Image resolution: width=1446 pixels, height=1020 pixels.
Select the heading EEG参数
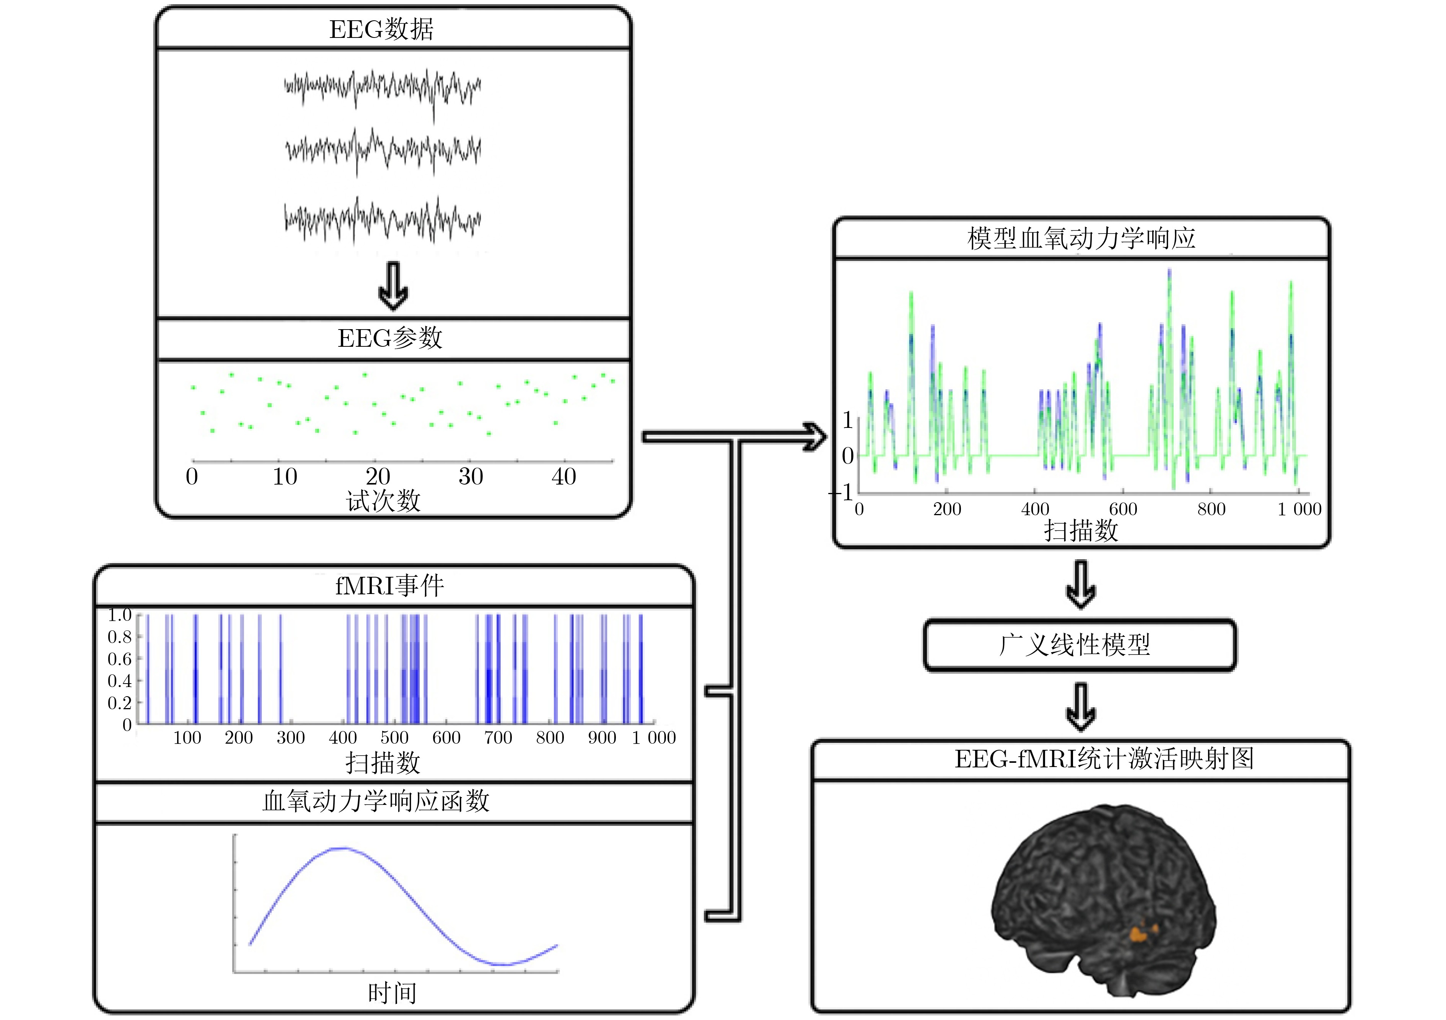point(390,338)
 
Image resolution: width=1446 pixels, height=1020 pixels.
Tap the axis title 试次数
point(383,501)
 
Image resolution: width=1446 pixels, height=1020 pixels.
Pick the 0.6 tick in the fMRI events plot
point(120,659)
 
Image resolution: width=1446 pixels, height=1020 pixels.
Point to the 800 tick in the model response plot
point(1211,509)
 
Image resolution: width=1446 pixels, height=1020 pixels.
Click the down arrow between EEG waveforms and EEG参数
point(393,287)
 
